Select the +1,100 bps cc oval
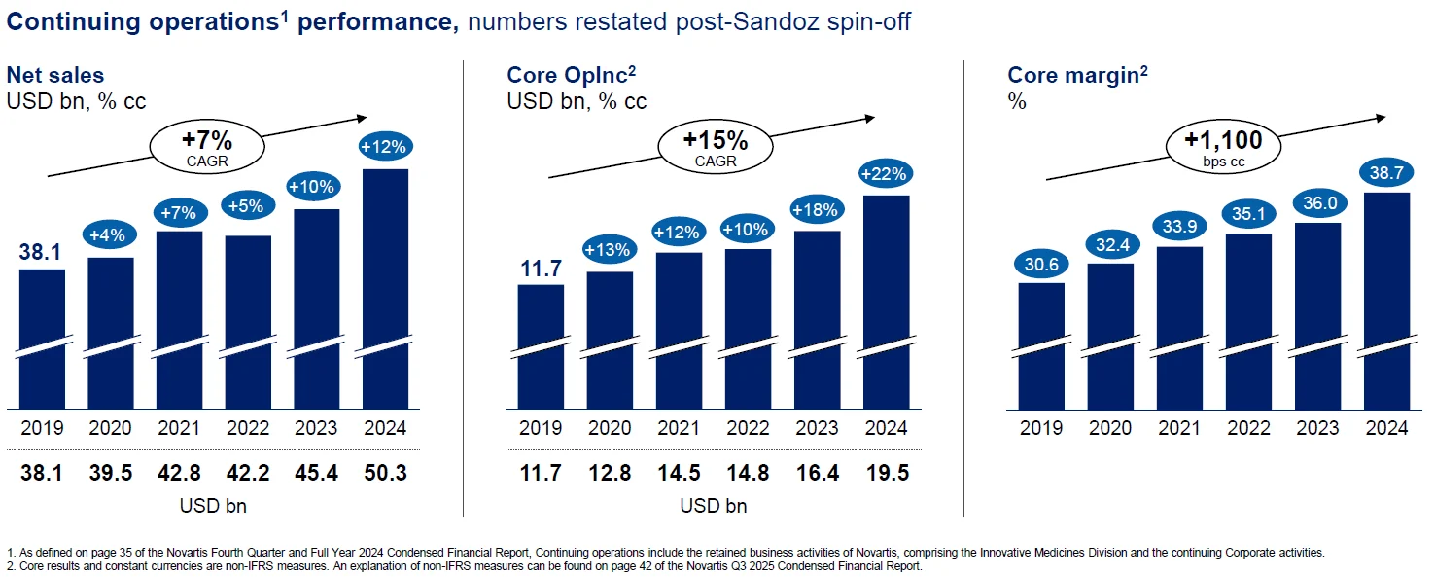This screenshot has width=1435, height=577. [1222, 147]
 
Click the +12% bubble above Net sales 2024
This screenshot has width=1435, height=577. [384, 148]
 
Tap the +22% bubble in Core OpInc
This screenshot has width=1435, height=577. [885, 174]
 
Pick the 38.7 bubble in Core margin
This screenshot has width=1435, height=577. [1385, 171]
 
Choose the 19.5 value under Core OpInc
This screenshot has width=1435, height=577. [885, 474]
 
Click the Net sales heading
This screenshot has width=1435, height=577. [55, 75]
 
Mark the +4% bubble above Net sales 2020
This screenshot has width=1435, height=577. [111, 235]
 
